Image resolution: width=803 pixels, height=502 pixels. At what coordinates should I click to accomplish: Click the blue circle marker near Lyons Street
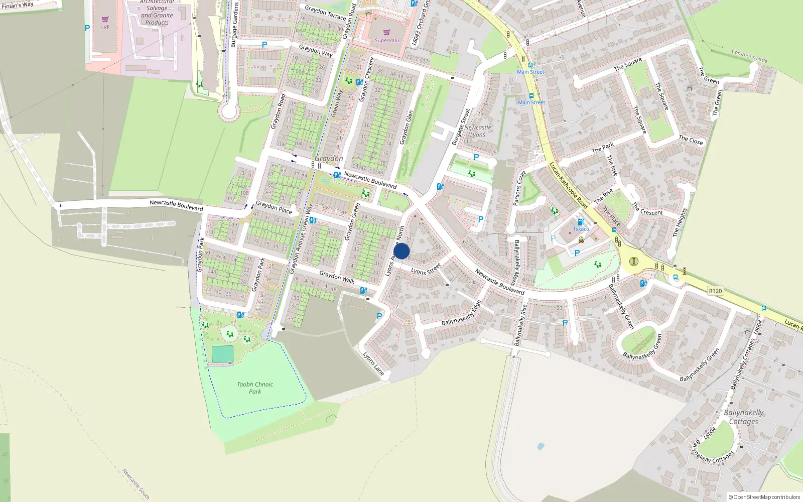pyautogui.click(x=401, y=251)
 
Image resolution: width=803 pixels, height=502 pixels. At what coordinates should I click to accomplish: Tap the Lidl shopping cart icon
pyautogui.click(x=105, y=20)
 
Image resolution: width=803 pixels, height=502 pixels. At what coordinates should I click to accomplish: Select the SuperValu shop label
pyautogui.click(x=386, y=40)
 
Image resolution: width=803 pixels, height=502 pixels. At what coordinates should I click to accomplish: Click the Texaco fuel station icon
pyautogui.click(x=581, y=222)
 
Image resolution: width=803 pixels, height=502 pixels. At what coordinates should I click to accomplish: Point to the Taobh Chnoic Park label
pyautogui.click(x=255, y=388)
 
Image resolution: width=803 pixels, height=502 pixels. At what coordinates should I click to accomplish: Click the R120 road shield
pyautogui.click(x=715, y=291)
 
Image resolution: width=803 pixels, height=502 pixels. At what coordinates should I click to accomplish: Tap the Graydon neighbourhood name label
pyautogui.click(x=329, y=159)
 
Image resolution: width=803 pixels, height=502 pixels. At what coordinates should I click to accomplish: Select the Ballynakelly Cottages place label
pyautogui.click(x=743, y=417)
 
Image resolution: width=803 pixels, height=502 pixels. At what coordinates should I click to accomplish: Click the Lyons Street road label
pyautogui.click(x=426, y=269)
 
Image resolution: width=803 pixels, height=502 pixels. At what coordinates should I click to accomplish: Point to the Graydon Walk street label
pyautogui.click(x=337, y=277)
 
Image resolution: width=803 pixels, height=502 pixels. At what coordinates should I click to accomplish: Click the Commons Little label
pyautogui.click(x=749, y=56)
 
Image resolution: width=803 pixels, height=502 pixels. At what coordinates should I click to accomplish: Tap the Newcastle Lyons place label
pyautogui.click(x=477, y=131)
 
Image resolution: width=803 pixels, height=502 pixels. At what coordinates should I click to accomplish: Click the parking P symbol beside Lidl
pyautogui.click(x=87, y=29)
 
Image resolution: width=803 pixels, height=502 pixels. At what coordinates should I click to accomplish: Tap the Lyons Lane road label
pyautogui.click(x=373, y=364)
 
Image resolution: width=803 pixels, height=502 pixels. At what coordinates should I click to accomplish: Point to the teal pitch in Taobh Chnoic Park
pyautogui.click(x=222, y=354)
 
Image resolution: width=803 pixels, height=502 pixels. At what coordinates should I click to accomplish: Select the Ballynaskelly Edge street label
pyautogui.click(x=461, y=313)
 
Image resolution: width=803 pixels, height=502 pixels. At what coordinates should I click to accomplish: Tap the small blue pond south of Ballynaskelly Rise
pyautogui.click(x=540, y=446)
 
